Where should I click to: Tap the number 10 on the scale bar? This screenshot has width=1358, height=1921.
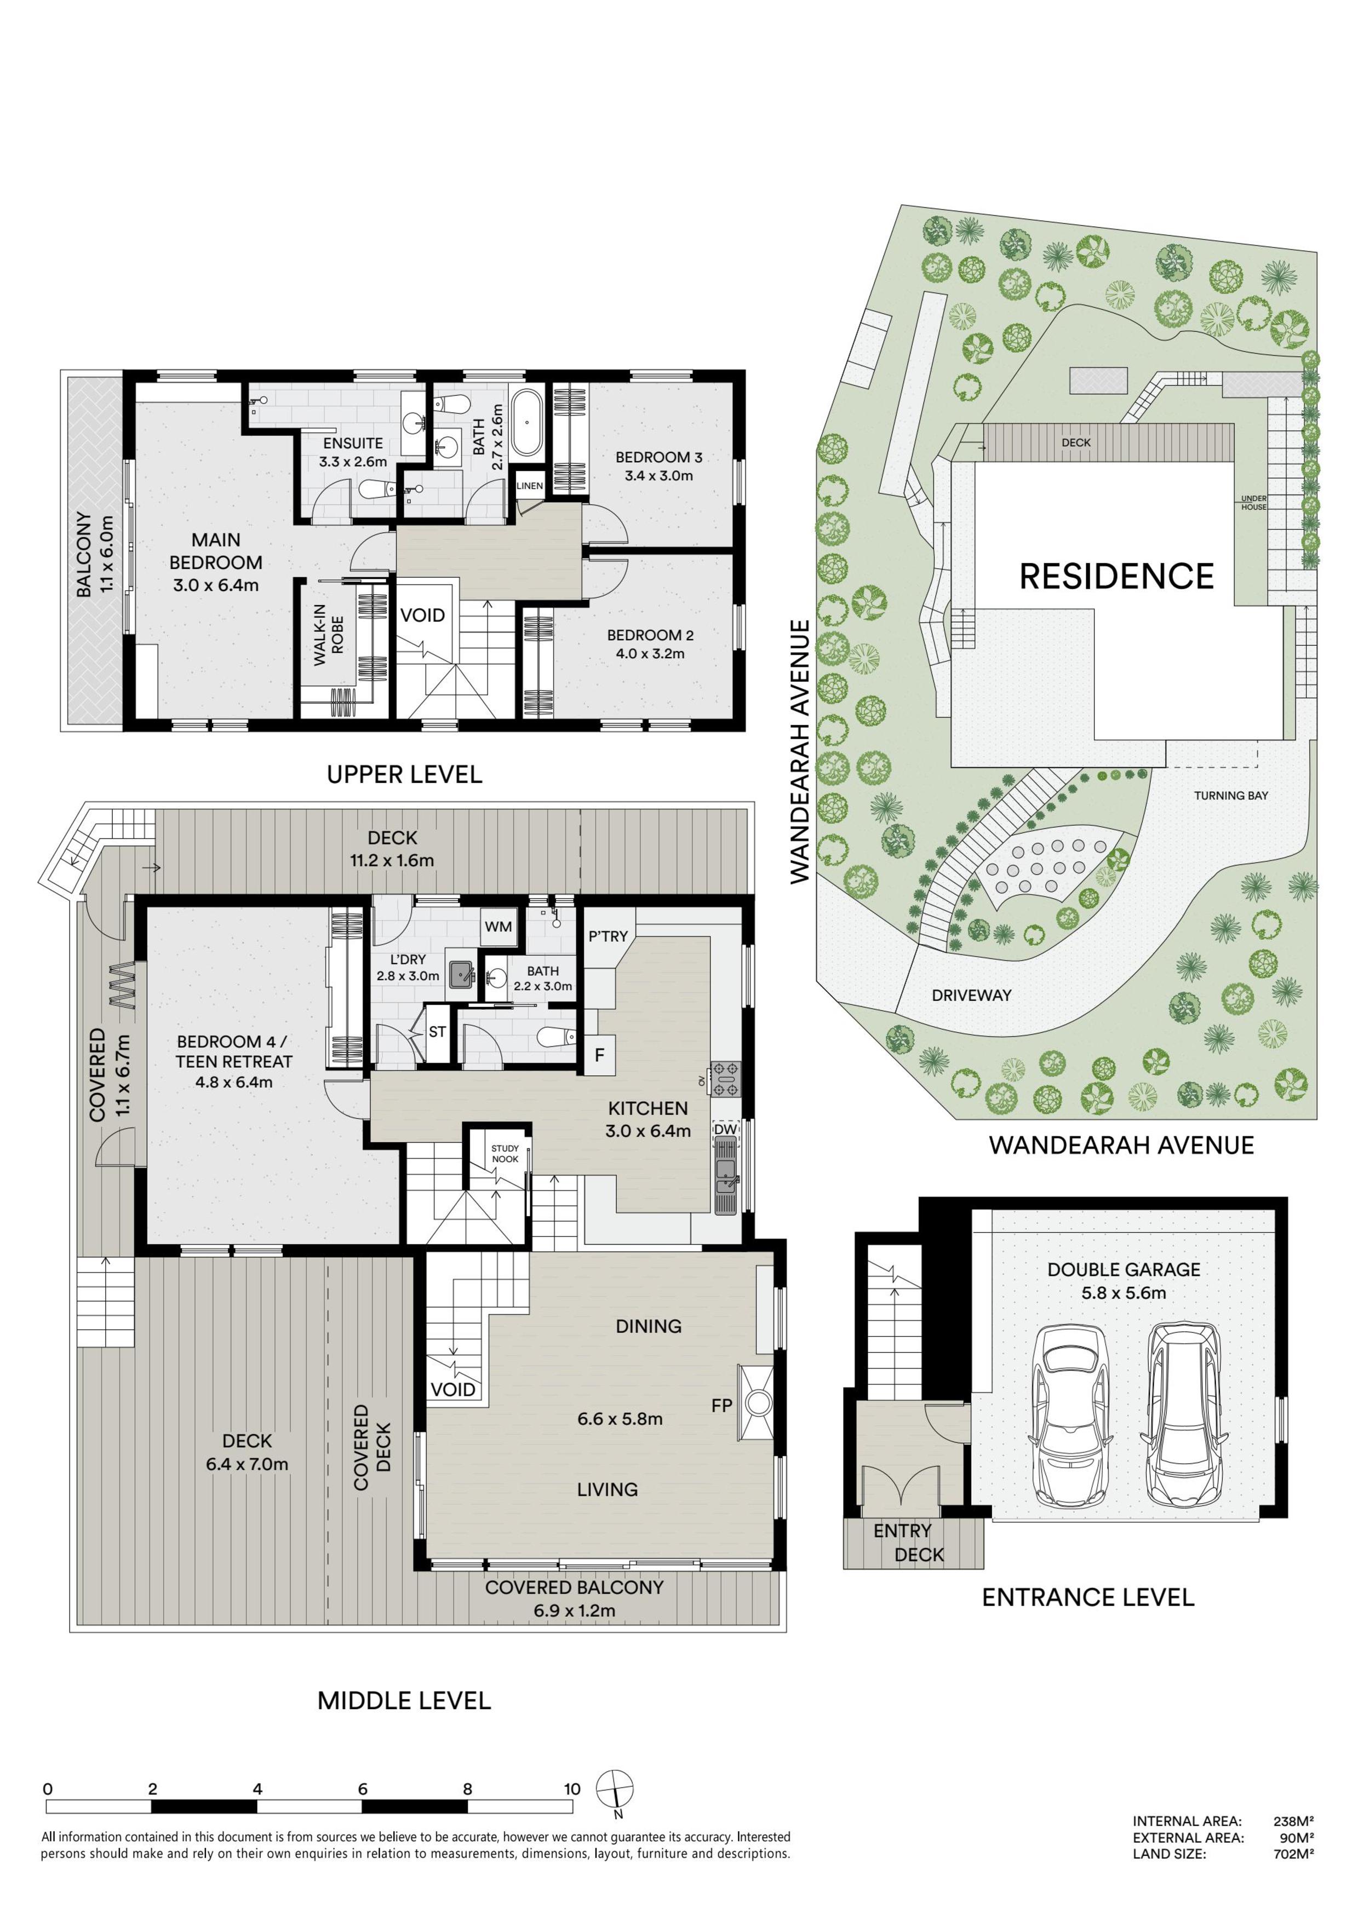click(571, 1789)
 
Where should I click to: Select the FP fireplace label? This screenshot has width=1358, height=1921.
click(721, 1406)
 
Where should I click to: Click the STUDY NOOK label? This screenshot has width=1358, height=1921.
click(505, 1154)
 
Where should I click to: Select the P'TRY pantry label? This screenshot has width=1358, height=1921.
click(608, 936)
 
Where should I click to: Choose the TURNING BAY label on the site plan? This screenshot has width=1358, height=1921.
click(1231, 796)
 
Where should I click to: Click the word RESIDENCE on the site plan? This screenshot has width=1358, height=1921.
click(1116, 577)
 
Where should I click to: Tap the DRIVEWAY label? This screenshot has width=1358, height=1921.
click(971, 995)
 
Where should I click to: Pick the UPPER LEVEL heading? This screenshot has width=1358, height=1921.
click(404, 774)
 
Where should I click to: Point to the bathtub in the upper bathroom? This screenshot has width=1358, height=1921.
click(527, 423)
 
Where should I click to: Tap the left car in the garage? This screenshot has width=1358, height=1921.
click(1071, 1414)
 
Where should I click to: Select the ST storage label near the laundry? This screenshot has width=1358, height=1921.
click(437, 1032)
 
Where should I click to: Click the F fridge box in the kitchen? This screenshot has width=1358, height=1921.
click(599, 1055)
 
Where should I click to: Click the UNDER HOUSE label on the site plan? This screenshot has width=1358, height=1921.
click(1253, 502)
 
